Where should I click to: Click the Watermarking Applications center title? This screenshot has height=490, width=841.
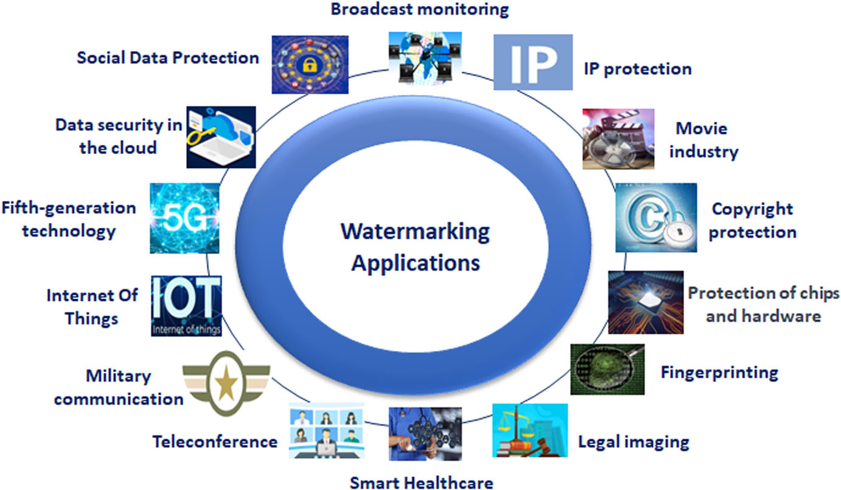point(415,247)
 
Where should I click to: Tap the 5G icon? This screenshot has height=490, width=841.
point(184,218)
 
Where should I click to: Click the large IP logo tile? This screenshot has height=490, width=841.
point(532,62)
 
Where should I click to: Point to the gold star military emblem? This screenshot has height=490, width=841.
point(226,383)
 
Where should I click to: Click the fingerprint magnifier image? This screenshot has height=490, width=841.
point(607,369)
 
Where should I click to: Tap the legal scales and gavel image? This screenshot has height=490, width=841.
point(529,430)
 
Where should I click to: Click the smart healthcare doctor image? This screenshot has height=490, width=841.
point(425,433)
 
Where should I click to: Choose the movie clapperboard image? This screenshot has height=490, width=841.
point(618,138)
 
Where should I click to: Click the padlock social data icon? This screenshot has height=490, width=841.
point(310,64)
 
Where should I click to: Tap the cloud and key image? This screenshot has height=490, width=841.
point(220,137)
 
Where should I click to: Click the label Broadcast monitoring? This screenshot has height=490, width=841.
point(419,9)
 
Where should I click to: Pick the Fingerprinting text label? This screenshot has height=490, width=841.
point(719,371)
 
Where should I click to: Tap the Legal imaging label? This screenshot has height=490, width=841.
point(633,441)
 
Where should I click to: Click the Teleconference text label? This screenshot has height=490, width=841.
point(215,441)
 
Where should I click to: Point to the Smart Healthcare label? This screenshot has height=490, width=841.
point(421,483)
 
